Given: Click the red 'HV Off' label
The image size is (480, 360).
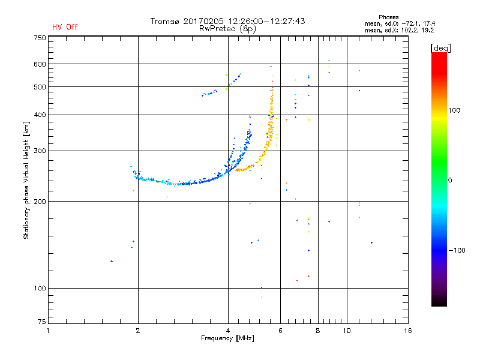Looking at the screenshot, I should pyautogui.click(x=65, y=27).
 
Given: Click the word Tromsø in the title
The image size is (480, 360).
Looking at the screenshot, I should pyautogui.click(x=166, y=21).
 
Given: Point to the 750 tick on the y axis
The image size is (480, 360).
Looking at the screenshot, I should pyautogui.click(x=40, y=38).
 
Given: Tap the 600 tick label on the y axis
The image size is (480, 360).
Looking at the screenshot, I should pyautogui.click(x=40, y=64).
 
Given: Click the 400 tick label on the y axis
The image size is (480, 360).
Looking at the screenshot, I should pyautogui.click(x=40, y=115).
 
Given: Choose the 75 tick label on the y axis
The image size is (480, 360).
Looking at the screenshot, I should pyautogui.click(x=41, y=324).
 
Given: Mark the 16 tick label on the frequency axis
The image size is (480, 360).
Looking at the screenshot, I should pyautogui.click(x=408, y=331).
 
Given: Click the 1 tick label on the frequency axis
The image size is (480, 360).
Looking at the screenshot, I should pyautogui.click(x=49, y=331).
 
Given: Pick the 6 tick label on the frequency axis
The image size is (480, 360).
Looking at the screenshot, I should pyautogui.click(x=281, y=331).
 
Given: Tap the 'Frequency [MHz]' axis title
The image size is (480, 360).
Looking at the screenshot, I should pyautogui.click(x=227, y=338).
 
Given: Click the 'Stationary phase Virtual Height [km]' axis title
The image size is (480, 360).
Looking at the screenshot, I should pyautogui.click(x=26, y=179).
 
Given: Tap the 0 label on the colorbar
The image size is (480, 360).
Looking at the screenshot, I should pyautogui.click(x=451, y=180).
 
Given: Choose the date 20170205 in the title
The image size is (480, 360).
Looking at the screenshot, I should pyautogui.click(x=204, y=21).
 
